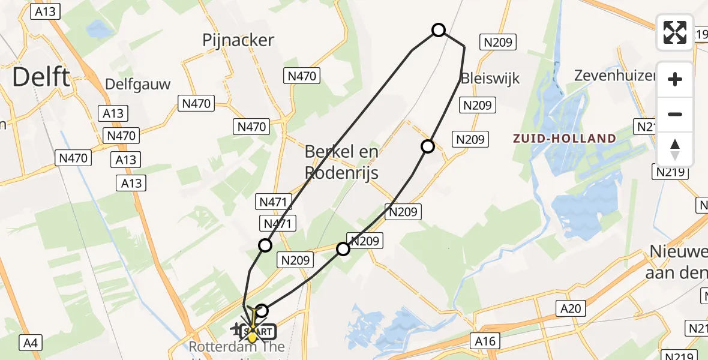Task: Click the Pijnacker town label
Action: point(238,40)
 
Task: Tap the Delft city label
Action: point(41,77)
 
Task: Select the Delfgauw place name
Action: point(138,84)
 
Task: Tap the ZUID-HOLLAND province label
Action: point(564,139)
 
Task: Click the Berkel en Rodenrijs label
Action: point(342,162)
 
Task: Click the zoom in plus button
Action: point(675,79)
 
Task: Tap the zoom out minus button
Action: point(675,115)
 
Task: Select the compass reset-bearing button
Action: point(675,149)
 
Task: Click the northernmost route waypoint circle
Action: point(439,30)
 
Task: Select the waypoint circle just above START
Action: point(262,311)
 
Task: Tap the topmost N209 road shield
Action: point(497,42)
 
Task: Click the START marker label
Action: point(259,331)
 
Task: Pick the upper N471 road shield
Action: point(273,202)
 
